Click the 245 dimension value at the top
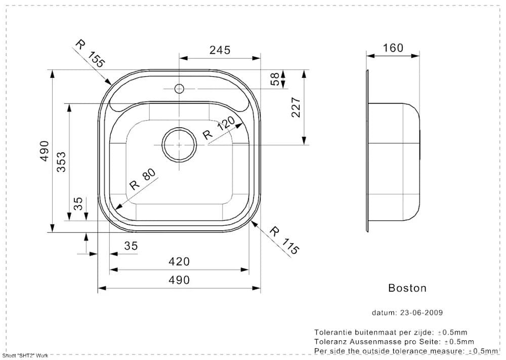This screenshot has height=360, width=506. click(220, 50)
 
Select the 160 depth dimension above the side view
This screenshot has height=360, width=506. click(393, 48)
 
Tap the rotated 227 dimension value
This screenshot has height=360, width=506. click(297, 107)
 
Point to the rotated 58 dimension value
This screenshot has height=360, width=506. click(274, 79)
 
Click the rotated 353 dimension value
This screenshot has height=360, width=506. click(61, 162)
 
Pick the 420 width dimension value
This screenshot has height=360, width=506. click(179, 261)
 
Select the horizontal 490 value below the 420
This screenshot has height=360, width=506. click(179, 279)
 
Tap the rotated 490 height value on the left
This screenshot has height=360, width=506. click(45, 151)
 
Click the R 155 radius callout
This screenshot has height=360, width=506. click(90, 53)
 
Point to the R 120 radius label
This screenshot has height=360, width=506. click(219, 128)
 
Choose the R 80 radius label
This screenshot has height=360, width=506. click(142, 179)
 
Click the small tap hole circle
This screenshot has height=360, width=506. click(179, 89)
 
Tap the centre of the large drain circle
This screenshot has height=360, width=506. click(179, 144)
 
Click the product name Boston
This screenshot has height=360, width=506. click(407, 288)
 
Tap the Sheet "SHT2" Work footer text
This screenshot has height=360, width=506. click(25, 355)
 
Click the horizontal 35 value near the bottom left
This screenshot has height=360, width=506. click(131, 246)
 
